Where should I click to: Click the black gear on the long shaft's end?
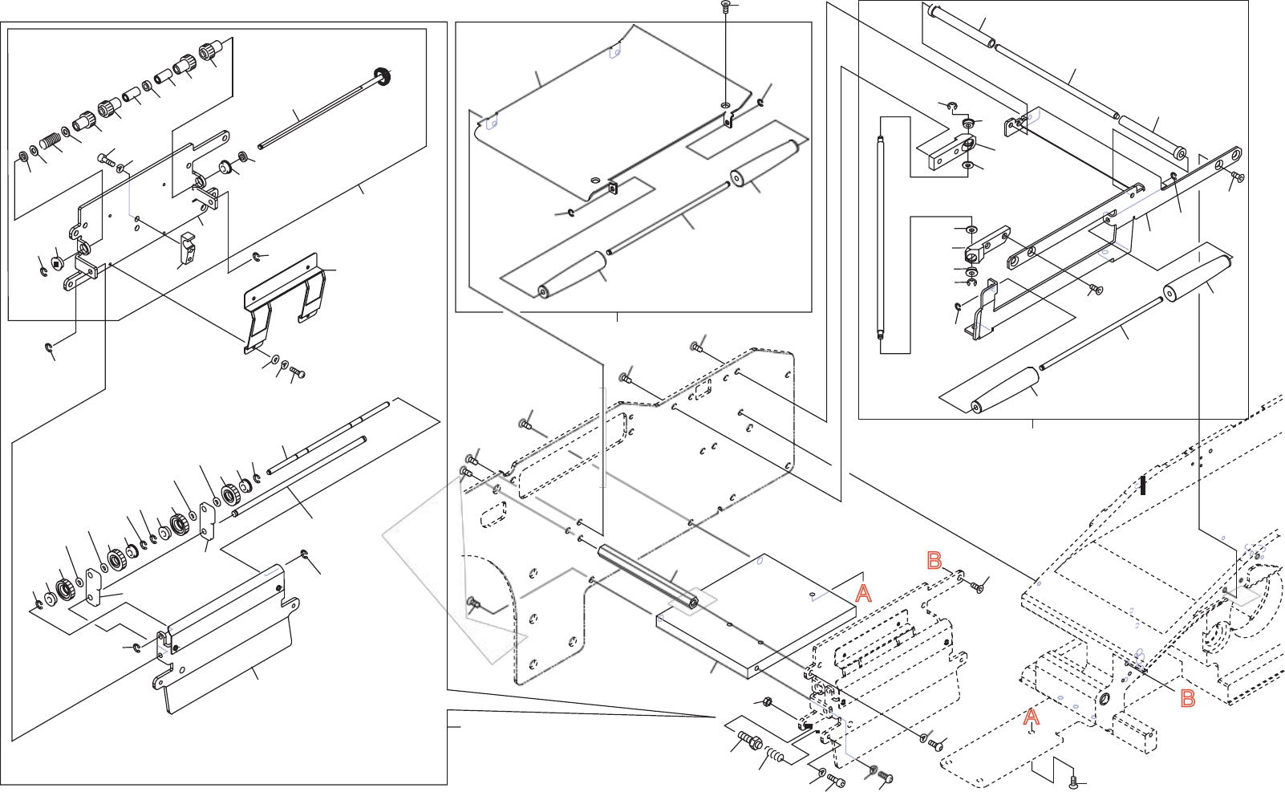[384, 77]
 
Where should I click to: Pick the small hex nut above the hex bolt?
[766, 702]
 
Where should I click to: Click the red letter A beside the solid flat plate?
[863, 594]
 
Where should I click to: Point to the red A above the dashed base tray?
[1032, 717]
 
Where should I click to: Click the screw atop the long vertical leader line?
[725, 6]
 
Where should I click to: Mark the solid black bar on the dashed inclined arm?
[1143, 485]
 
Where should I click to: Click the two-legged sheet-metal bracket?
[285, 301]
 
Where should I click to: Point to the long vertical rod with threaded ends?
[880, 239]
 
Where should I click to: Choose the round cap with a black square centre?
[57, 262]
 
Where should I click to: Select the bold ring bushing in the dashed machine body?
[1104, 700]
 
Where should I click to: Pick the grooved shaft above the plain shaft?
[329, 438]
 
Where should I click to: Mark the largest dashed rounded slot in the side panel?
[571, 455]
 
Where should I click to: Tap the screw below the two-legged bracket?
[297, 372]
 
